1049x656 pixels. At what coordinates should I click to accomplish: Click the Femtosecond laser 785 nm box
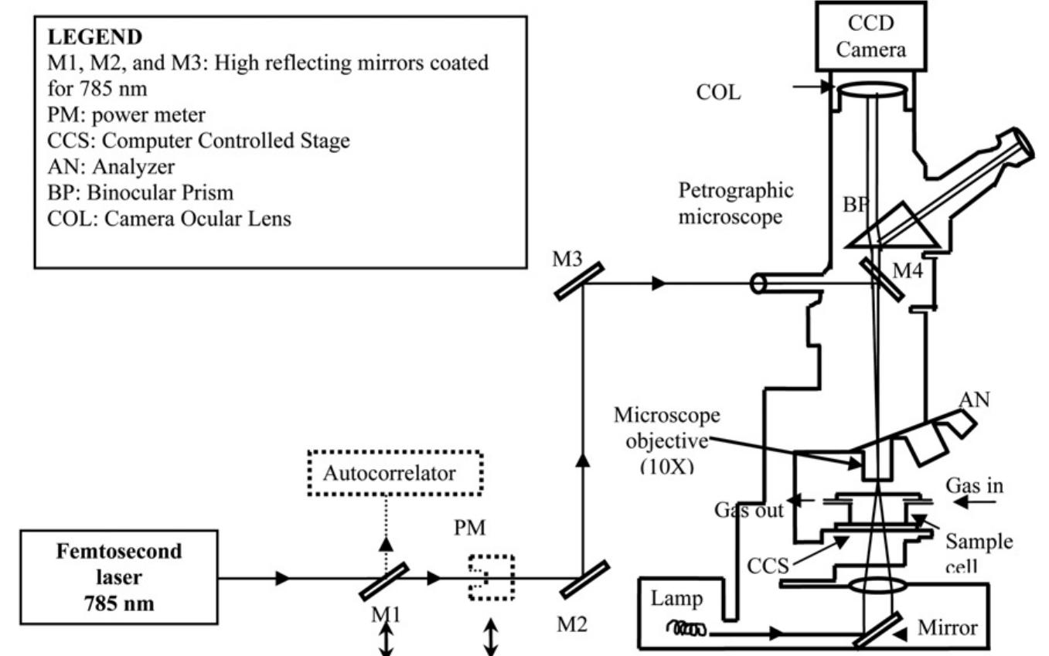click(x=110, y=578)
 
